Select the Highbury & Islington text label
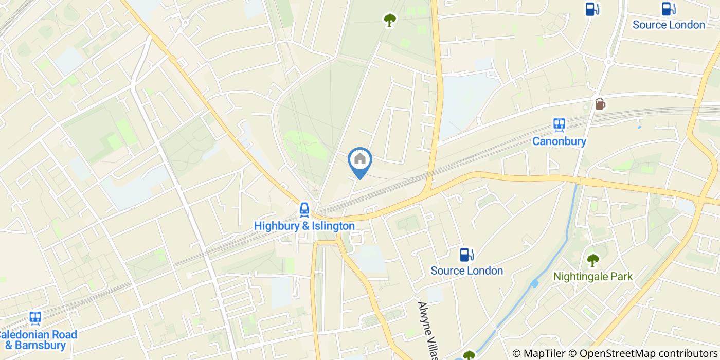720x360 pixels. [x=304, y=226]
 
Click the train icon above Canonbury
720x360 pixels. [x=559, y=125]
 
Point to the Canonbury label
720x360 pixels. [x=559, y=141]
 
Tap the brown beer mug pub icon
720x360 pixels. [x=600, y=103]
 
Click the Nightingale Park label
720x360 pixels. [x=592, y=276]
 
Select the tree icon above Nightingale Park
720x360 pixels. [x=593, y=260]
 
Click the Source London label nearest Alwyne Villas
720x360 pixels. [x=466, y=271]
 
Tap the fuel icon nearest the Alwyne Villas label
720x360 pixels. [x=466, y=255]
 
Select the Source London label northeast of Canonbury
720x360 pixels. [x=668, y=25]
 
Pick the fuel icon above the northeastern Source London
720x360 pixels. [x=668, y=9]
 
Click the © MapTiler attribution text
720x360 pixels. [x=538, y=353]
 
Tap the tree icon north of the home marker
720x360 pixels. [x=390, y=20]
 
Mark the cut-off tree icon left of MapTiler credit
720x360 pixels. [x=469, y=355]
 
